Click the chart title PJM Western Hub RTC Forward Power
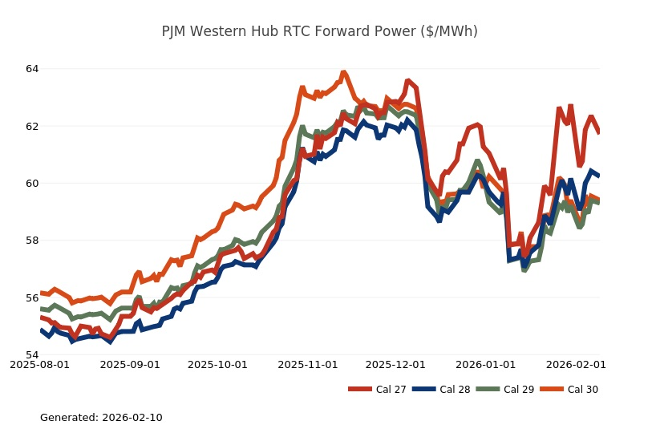(x=319, y=31)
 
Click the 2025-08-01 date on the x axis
(x=40, y=364)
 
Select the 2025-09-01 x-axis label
(x=131, y=364)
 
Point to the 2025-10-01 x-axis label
(x=217, y=364)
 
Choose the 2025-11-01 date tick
(x=308, y=364)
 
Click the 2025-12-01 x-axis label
(x=395, y=364)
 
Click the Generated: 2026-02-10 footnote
(x=101, y=418)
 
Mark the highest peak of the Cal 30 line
(x=343, y=72)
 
